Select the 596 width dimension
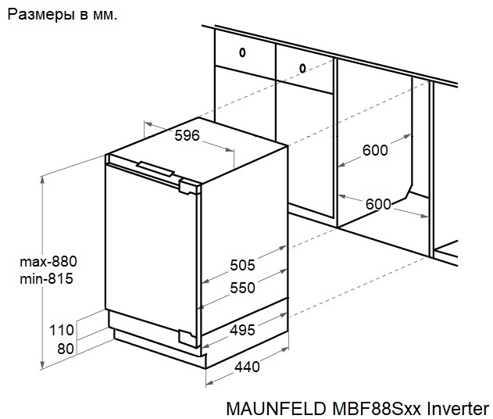coord(187,135)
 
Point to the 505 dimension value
coord(242,265)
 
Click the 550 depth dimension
coord(242,288)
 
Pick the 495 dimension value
coord(242,330)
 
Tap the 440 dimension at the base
coord(247,366)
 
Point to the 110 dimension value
coord(61,329)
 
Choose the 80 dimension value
coord(66,348)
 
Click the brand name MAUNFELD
coord(270,408)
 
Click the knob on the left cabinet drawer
coord(242,53)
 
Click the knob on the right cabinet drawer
coord(302,68)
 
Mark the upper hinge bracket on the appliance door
coord(190,185)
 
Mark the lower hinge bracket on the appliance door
coord(189,336)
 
